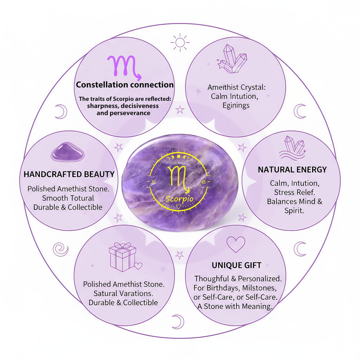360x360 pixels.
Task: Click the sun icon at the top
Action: click(x=180, y=42)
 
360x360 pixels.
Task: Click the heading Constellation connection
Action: click(x=125, y=85)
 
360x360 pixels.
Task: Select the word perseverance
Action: click(x=123, y=113)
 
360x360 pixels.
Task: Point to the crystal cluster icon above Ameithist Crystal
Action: click(x=232, y=59)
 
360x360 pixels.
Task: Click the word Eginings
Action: click(x=236, y=105)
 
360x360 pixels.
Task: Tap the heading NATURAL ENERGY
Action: click(x=292, y=170)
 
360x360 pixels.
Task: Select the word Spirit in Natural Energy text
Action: click(x=293, y=211)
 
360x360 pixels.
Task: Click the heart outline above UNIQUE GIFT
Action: click(x=236, y=244)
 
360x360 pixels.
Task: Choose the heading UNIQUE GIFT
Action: click(x=237, y=265)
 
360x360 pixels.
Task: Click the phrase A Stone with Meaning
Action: click(x=235, y=306)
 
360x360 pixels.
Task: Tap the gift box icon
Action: click(x=125, y=257)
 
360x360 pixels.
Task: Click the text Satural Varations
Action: click(x=123, y=293)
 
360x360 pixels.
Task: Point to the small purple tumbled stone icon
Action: click(x=68, y=152)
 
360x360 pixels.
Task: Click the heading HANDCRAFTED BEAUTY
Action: click(x=69, y=174)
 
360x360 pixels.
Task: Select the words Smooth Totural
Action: click(x=68, y=198)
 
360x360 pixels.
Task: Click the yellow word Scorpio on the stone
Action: click(x=179, y=199)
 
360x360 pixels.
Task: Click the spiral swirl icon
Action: click(x=60, y=249)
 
